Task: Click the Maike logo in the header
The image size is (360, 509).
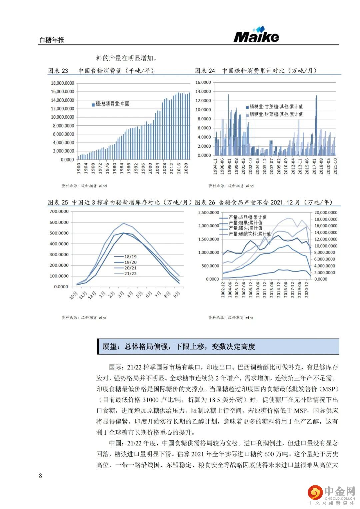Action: (x=256, y=35)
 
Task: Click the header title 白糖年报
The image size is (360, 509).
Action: (x=52, y=40)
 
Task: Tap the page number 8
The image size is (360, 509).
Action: (x=41, y=476)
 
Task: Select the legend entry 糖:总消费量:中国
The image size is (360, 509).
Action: (x=111, y=104)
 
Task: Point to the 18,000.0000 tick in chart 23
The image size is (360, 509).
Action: (x=63, y=83)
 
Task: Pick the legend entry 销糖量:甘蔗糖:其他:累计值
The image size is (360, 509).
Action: (x=274, y=107)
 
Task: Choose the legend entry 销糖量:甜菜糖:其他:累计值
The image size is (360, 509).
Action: (x=274, y=114)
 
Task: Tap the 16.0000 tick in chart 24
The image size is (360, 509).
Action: (x=203, y=82)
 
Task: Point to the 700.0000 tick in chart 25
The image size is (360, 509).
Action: (x=59, y=211)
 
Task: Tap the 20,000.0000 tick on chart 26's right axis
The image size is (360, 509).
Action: (x=326, y=212)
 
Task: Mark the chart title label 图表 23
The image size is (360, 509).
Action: (x=58, y=71)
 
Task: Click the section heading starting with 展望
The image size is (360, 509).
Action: (x=179, y=347)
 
